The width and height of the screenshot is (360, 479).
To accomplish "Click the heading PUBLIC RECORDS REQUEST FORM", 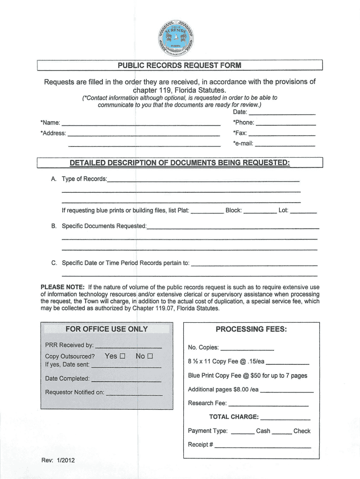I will tap(180, 65).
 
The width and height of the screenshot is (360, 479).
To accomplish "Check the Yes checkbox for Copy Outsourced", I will tap(122, 356).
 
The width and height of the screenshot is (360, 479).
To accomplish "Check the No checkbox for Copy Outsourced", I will tap(150, 356).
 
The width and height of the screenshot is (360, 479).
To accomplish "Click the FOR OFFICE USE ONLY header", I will tap(107, 329).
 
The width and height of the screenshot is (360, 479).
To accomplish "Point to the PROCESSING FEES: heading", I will tap(251, 329).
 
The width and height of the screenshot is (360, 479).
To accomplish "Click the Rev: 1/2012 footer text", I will tap(58, 460).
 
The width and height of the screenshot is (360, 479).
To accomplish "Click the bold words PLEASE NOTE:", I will tap(63, 287).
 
